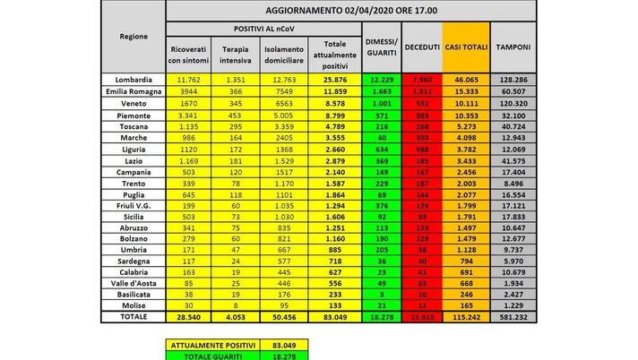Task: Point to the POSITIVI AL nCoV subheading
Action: click(x=258, y=30)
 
